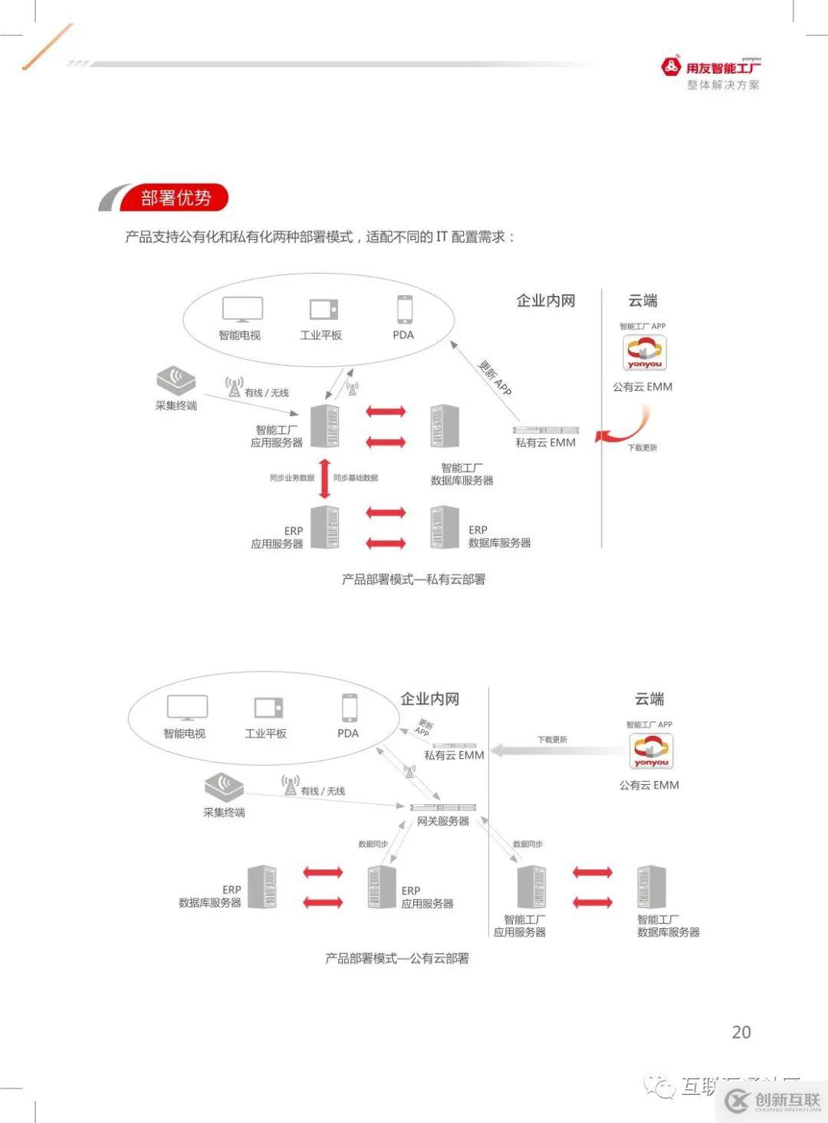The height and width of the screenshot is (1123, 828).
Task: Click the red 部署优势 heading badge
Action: [175, 198]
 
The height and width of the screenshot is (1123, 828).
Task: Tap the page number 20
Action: [741, 1032]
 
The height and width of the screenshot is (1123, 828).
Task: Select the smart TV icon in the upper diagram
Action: [242, 310]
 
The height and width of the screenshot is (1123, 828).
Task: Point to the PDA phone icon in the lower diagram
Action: [349, 708]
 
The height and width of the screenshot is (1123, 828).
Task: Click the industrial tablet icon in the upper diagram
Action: [324, 309]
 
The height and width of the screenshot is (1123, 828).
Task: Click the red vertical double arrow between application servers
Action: [324, 478]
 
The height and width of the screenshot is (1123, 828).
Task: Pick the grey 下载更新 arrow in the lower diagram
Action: [556, 750]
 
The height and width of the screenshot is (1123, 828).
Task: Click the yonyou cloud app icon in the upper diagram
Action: [644, 353]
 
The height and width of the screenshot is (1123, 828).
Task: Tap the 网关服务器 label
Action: [442, 821]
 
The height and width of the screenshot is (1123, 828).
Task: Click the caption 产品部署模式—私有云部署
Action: [413, 580]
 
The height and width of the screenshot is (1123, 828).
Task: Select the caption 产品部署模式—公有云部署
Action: [396, 958]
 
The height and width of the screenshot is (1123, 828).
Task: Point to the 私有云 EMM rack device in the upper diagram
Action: [546, 430]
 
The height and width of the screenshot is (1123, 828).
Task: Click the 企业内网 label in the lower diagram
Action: [429, 699]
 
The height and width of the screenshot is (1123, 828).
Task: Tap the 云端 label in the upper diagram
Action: [642, 300]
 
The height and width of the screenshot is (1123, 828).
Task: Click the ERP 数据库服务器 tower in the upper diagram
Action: [444, 527]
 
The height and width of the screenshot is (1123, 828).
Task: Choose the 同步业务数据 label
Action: [291, 478]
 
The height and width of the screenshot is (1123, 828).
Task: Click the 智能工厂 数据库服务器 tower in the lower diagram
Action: [651, 886]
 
